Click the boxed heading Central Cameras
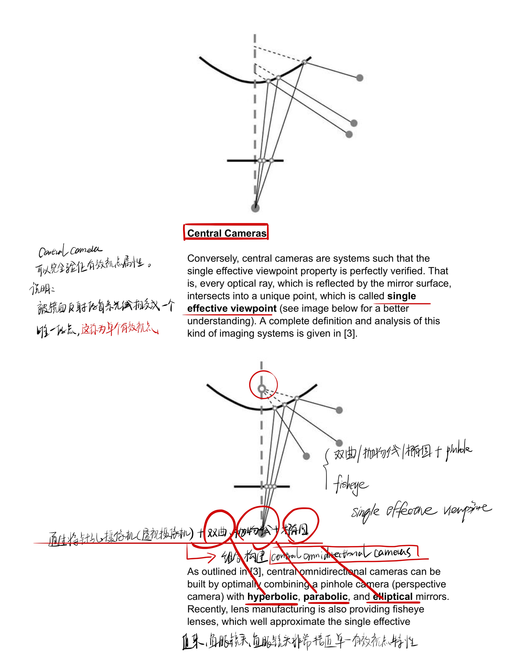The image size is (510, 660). click(226, 233)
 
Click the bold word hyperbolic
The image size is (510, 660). click(272, 597)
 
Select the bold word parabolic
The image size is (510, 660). click(325, 597)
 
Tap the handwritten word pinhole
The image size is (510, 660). click(459, 450)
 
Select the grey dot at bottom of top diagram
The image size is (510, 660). click(255, 208)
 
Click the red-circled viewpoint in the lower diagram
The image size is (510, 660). click(262, 388)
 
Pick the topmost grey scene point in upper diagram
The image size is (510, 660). click(359, 78)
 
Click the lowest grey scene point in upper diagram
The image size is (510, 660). click(349, 134)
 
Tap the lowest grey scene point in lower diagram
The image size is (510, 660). click(306, 456)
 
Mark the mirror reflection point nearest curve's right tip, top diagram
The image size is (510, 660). click(304, 62)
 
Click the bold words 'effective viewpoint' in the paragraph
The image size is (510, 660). click(232, 308)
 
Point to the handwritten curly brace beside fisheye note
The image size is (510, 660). click(326, 469)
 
